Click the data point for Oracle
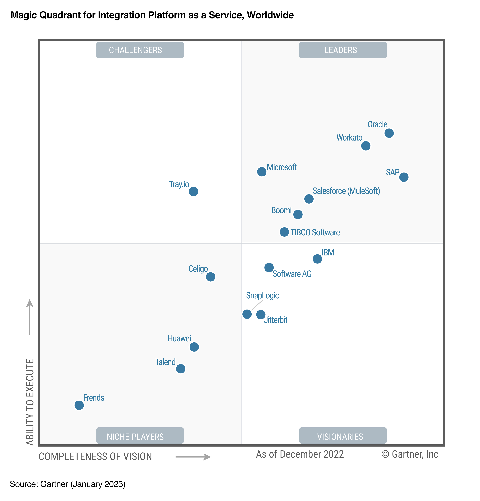[389, 133]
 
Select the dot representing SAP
[404, 177]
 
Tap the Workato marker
[365, 146]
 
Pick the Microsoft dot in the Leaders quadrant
[261, 172]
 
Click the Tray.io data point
[193, 191]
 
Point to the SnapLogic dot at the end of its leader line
[247, 314]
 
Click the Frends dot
[79, 405]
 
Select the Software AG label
[292, 274]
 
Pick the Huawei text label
[179, 338]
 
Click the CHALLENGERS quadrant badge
[140, 50]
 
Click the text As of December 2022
[300, 454]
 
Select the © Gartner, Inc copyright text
[410, 454]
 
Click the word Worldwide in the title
[270, 15]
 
